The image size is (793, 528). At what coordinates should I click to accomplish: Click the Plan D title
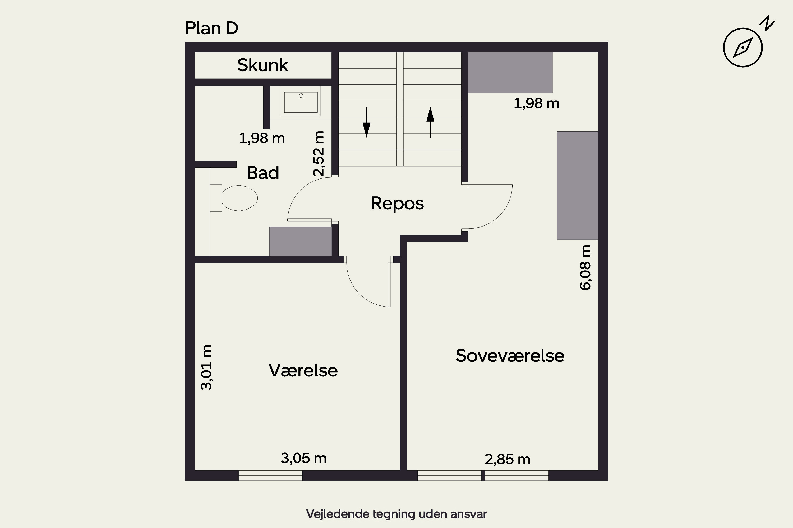211,28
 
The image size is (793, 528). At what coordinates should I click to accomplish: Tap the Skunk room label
263,65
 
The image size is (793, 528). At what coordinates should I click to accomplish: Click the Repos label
397,203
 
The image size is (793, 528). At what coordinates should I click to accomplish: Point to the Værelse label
303,370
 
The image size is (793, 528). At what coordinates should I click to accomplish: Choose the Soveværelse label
510,356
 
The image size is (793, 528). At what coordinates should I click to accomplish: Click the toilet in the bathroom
234,198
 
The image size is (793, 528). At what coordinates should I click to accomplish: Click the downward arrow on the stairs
366,122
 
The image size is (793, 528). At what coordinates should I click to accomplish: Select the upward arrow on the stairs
430,122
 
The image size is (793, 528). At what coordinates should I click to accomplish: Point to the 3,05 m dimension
304,458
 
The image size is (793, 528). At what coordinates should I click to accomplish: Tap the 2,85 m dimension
508,459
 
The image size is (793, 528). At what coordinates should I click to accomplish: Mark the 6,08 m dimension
585,267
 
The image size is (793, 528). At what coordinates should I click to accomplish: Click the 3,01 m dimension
206,367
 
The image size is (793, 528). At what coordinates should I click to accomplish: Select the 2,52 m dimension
318,154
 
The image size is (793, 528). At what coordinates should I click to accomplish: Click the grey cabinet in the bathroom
300,241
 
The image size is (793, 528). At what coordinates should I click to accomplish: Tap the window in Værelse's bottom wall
270,475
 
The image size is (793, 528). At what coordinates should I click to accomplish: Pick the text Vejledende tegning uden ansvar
396,514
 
